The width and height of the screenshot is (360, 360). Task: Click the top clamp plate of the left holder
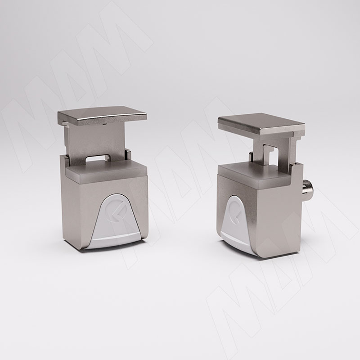pos(102,116)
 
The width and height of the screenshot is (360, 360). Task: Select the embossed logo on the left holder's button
pos(116,211)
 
